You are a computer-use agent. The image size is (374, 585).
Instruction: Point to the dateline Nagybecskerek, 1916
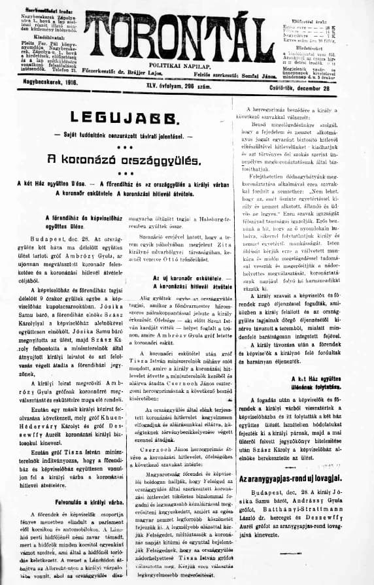41,93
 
